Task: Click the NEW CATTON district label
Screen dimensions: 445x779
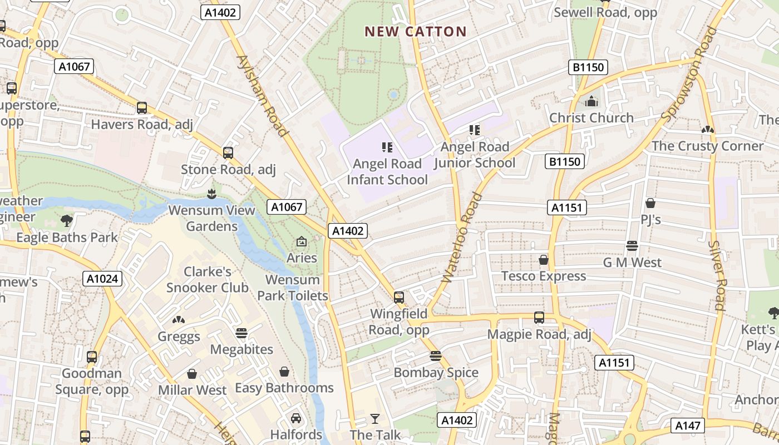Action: point(415,32)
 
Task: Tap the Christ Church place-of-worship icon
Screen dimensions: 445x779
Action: point(591,101)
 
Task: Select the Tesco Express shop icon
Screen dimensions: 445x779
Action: point(544,260)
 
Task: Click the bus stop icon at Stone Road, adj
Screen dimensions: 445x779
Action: point(228,153)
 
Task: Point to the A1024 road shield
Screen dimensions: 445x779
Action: point(102,279)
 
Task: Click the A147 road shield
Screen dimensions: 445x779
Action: point(688,426)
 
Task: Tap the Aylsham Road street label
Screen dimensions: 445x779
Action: point(262,96)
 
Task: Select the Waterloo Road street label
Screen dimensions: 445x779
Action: point(461,245)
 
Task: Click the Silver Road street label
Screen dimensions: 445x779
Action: point(718,275)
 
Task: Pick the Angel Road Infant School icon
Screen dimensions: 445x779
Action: point(387,147)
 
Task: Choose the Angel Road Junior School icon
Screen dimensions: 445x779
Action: point(475,130)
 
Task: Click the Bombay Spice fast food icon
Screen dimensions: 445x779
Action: point(436,356)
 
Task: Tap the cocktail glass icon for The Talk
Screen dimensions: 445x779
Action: point(375,418)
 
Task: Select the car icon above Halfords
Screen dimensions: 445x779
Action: point(296,418)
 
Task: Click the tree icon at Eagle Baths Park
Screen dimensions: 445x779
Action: point(67,221)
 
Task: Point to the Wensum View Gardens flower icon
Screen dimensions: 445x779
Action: point(211,194)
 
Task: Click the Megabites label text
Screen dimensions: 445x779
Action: point(241,349)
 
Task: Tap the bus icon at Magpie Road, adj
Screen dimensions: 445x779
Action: point(539,318)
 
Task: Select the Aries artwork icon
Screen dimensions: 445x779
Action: point(302,241)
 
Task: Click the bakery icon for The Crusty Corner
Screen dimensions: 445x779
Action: point(707,130)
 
